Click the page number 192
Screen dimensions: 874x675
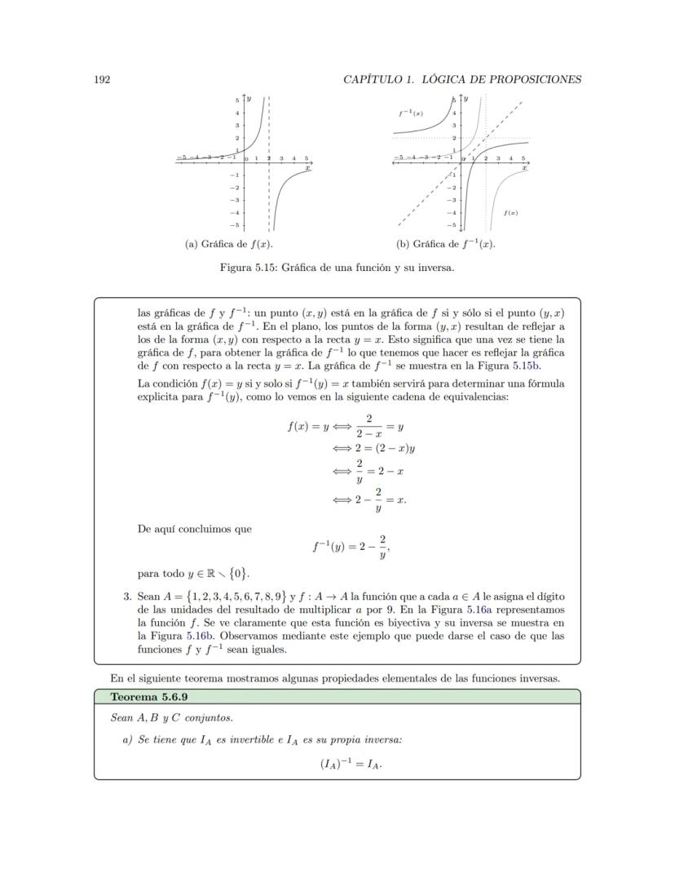coord(102,79)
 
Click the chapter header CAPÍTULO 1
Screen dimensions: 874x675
coord(387,79)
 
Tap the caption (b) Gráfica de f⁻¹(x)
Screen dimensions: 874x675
coord(446,244)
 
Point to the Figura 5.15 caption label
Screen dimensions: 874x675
coord(249,268)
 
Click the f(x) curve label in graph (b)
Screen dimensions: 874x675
coord(510,212)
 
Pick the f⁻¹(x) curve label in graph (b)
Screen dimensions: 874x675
coord(410,113)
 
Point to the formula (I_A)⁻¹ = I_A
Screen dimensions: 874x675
coord(351,765)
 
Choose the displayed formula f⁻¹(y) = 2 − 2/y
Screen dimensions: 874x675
coord(350,548)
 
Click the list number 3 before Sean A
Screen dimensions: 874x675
coord(127,597)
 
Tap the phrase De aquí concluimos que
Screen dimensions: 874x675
coord(195,529)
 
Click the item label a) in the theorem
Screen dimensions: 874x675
coord(127,740)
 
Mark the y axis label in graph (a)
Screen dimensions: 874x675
coord(249,98)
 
